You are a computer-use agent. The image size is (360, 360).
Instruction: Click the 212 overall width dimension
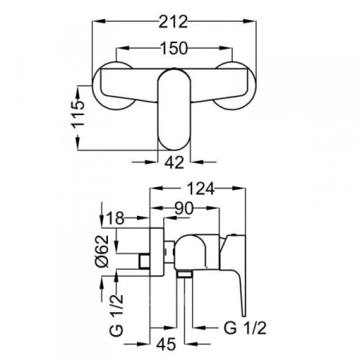click(174, 22)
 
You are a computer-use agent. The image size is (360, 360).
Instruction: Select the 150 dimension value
click(174, 49)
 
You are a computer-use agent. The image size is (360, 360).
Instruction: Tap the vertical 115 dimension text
click(78, 114)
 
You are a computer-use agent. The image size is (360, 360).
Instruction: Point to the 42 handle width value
click(174, 162)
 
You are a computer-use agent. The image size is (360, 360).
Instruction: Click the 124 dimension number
click(200, 189)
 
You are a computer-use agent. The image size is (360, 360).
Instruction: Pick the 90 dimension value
click(184, 208)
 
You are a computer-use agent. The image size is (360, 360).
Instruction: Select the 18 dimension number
click(115, 218)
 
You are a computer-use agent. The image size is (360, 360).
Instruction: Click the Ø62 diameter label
click(102, 251)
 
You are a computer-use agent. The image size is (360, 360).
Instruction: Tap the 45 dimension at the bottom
click(166, 344)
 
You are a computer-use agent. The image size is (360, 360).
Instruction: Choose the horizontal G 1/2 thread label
click(245, 328)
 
